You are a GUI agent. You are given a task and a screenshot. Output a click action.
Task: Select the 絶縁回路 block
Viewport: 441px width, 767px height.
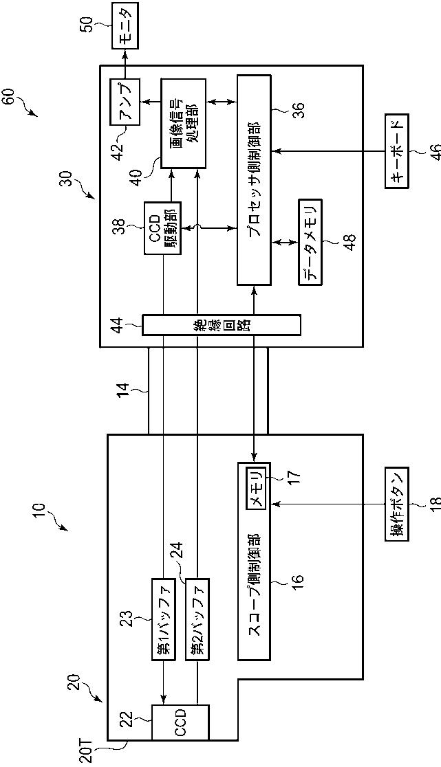click(x=221, y=325)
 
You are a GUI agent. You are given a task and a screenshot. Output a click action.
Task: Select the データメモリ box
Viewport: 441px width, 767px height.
click(x=310, y=241)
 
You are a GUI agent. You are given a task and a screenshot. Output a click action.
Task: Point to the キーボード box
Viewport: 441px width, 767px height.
click(x=396, y=151)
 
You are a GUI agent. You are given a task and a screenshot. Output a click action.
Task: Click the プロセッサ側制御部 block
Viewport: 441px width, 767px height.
click(x=255, y=179)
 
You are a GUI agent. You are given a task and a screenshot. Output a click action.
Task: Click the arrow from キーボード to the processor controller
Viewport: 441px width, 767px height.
click(x=329, y=151)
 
